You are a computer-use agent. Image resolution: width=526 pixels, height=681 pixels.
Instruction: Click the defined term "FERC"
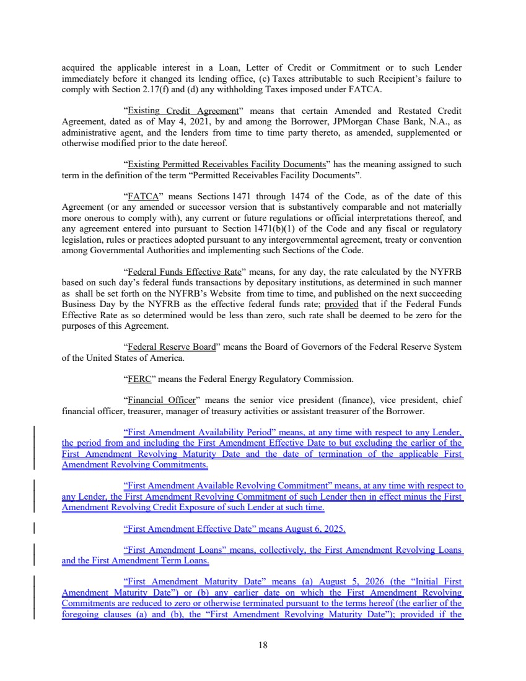pos(137,378)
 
